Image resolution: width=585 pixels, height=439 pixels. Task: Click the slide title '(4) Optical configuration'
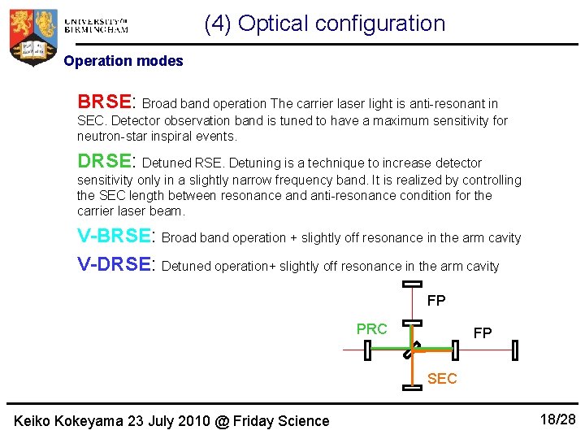pos(324,24)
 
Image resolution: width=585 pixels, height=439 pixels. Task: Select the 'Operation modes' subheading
pos(123,61)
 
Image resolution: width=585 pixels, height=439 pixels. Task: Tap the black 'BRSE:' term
pos(105,102)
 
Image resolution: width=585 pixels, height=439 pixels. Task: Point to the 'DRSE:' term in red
pos(105,162)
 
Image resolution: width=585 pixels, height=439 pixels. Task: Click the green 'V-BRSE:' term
pos(115,237)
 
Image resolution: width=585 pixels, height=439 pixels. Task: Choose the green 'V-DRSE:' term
pos(115,265)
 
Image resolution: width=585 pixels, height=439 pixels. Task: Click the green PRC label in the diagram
pos(371,329)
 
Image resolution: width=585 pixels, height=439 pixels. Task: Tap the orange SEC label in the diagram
pos(441,379)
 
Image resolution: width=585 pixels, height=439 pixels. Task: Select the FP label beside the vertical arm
pos(436,302)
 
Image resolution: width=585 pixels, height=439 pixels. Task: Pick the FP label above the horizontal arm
pos(483,333)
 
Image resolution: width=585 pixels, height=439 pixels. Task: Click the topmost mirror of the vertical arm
pos(413,284)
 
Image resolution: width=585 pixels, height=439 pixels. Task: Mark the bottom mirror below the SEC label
pos(413,388)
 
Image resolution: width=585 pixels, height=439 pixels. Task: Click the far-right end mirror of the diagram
pos(515,350)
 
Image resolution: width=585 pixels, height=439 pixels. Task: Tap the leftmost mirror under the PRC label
pos(367,350)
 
